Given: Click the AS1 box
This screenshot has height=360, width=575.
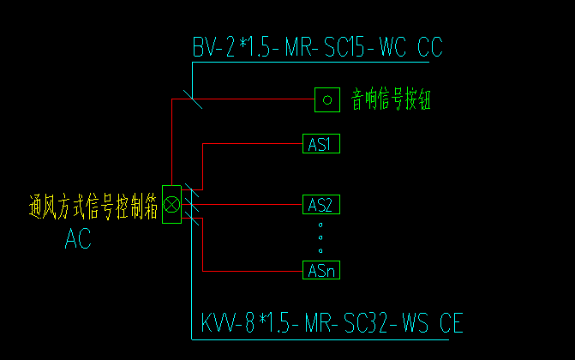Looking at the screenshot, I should click(321, 143).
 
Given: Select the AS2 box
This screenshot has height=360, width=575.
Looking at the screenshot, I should click(321, 205).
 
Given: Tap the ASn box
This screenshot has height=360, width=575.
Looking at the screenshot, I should click(321, 271).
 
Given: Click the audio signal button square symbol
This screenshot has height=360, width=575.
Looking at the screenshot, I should click(326, 100).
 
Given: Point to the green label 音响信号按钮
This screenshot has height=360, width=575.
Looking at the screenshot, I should click(390, 100).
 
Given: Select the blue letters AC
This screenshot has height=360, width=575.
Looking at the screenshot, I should click(78, 240).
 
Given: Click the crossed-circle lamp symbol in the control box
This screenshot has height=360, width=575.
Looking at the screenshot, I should click(171, 204).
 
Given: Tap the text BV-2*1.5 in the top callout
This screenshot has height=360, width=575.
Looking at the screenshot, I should click(230, 47).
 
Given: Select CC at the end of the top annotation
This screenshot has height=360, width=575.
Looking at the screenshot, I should click(429, 47).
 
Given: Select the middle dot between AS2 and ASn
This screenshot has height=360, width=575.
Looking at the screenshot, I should click(320, 237).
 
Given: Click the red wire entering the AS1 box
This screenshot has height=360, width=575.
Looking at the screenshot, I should click(257, 143).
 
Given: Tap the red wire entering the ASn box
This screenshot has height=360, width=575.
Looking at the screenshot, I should click(257, 271).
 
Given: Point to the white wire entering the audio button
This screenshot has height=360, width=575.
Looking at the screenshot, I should click(257, 100).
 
